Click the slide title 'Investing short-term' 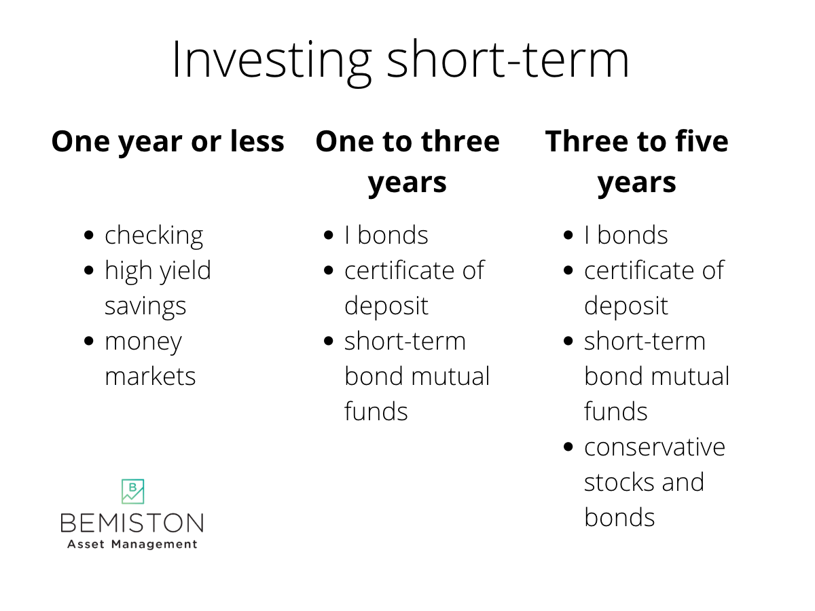(x=400, y=60)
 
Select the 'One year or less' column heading (x=168, y=141)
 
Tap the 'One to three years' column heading (x=407, y=162)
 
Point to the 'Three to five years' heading (x=636, y=162)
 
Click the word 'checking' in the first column (x=153, y=236)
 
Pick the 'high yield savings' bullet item (x=158, y=288)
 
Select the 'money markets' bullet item (x=149, y=358)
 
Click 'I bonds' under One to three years (x=386, y=236)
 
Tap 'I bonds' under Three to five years (x=626, y=236)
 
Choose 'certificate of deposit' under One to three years (x=414, y=288)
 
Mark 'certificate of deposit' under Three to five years (x=653, y=288)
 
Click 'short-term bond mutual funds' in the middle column (x=416, y=376)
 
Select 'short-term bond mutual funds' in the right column (x=656, y=376)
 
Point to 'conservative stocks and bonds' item (x=654, y=482)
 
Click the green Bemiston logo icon (x=132, y=492)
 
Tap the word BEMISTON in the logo (x=132, y=523)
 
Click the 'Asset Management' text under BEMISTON (x=132, y=544)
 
